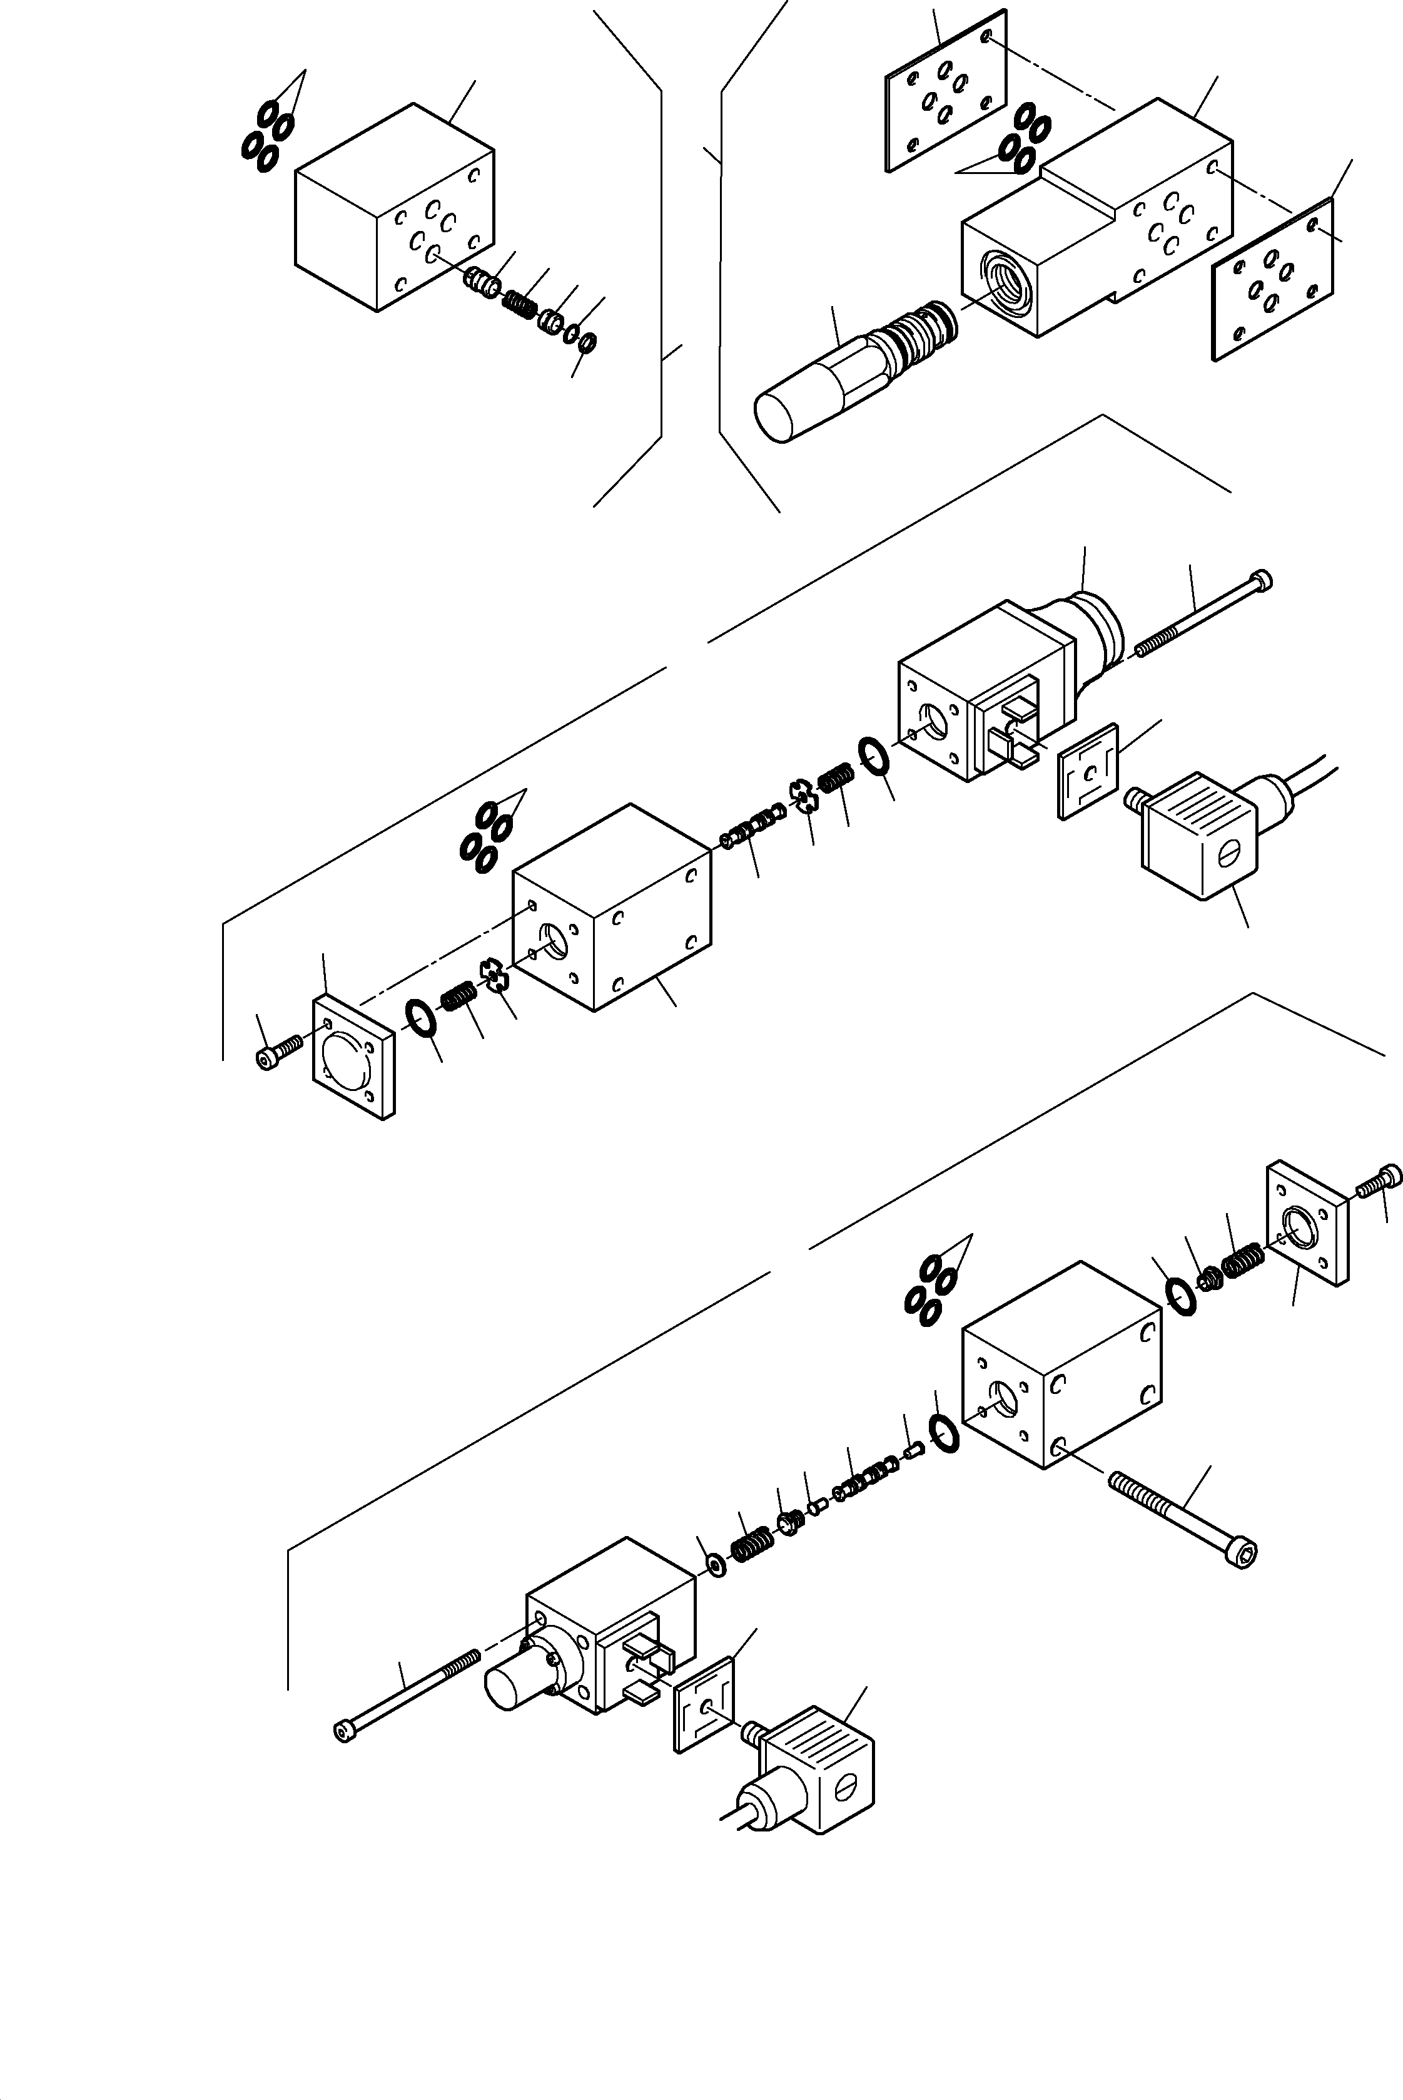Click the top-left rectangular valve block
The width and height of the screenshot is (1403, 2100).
click(x=393, y=208)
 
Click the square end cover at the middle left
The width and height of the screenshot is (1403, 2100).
click(x=353, y=1057)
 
